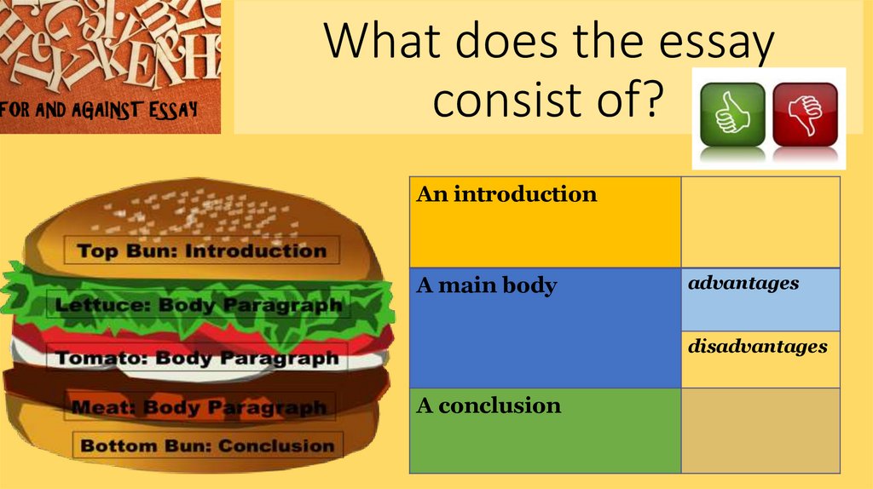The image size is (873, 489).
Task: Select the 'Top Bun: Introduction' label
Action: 202,250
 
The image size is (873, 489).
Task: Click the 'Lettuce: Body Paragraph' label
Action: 199,304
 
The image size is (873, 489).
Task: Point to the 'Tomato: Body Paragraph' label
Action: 197,358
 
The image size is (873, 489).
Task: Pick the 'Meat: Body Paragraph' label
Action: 199,407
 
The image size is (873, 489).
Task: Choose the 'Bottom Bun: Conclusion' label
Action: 207,446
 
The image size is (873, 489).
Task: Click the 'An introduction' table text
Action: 506,194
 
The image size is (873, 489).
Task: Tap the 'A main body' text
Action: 486,285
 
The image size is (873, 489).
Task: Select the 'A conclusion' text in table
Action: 489,406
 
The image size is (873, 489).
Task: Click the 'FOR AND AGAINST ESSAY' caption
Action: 100,109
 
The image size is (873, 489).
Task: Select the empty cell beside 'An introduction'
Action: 760,221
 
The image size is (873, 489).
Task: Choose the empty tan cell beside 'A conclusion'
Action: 760,430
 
